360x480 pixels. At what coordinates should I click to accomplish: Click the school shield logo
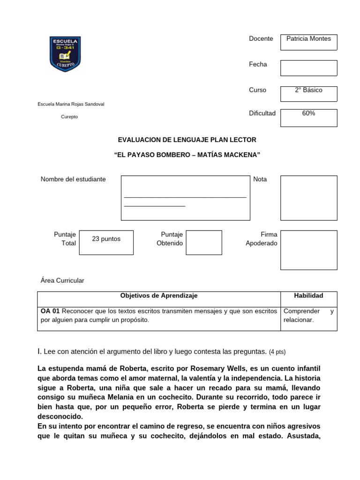point(65,54)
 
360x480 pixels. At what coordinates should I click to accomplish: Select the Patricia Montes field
point(308,39)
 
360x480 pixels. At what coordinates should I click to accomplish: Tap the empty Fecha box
point(308,67)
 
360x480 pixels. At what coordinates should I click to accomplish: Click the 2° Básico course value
point(308,90)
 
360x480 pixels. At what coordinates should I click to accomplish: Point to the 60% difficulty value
point(308,113)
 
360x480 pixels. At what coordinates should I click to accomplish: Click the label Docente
point(261,39)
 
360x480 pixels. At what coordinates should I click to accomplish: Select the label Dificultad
point(262,113)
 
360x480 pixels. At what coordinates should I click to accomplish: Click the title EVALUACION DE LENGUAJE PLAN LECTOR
point(187,140)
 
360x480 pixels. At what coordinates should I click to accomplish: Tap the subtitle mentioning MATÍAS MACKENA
point(187,155)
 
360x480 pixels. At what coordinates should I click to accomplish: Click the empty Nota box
point(308,198)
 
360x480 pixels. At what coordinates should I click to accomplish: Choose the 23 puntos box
point(106,239)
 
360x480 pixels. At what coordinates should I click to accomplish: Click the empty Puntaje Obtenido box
point(203,242)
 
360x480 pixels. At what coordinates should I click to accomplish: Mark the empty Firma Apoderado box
point(308,250)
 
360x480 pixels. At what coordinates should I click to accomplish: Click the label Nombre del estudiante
point(73,179)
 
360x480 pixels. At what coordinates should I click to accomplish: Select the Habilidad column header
point(308,296)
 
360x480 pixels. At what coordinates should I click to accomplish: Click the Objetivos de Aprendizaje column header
point(159,296)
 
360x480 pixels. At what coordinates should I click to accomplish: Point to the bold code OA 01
point(50,311)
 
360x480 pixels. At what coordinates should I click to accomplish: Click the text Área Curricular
point(62,280)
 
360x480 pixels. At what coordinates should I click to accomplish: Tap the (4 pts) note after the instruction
point(277,352)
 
